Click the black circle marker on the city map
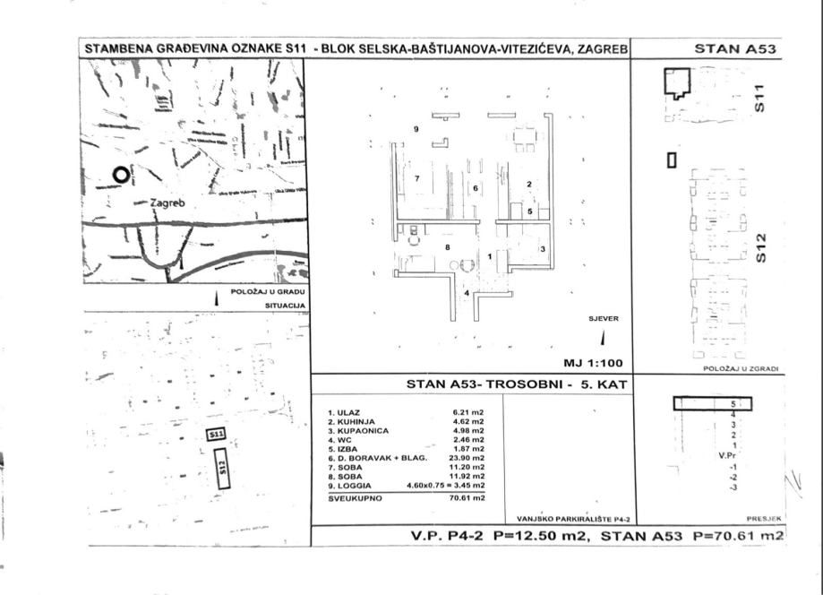[x=119, y=175]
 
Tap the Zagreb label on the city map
[x=167, y=203]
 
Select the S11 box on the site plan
[x=216, y=435]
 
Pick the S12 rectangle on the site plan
[x=223, y=468]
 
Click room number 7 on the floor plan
[x=417, y=178]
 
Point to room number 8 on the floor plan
[x=447, y=246]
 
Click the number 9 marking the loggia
[x=416, y=130]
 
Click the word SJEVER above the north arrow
[x=603, y=318]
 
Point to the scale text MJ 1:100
[x=591, y=364]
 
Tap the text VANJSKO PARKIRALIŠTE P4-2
[x=574, y=518]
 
